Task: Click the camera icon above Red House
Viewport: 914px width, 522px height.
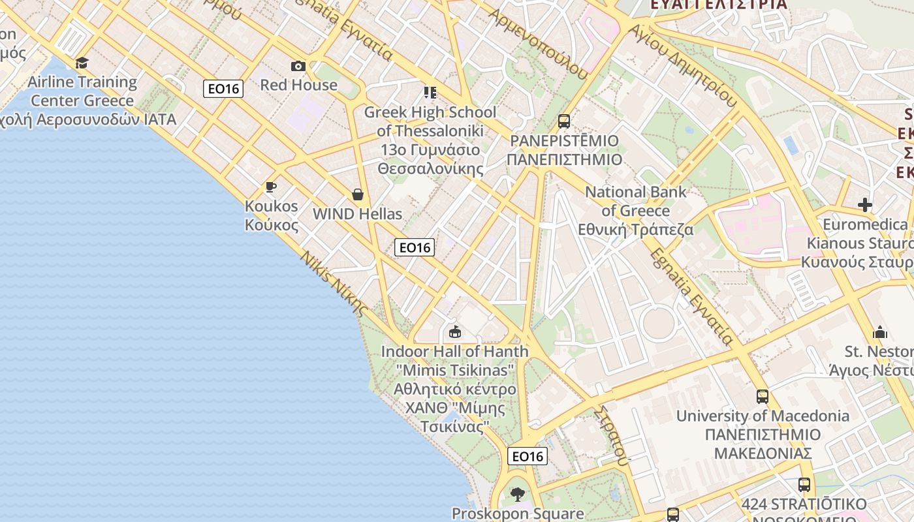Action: pyautogui.click(x=298, y=66)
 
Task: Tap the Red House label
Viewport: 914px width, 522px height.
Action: pyautogui.click(x=298, y=85)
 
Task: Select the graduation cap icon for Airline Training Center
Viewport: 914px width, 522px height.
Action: pyautogui.click(x=82, y=63)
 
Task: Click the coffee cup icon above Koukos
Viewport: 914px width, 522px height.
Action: pyautogui.click(x=271, y=187)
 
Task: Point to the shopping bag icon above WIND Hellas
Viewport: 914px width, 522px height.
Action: pyautogui.click(x=358, y=194)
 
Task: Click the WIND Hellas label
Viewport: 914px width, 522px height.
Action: pyautogui.click(x=357, y=214)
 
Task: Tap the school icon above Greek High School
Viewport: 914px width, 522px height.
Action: pyautogui.click(x=430, y=93)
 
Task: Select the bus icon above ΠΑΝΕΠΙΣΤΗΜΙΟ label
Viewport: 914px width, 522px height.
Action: pyautogui.click(x=564, y=121)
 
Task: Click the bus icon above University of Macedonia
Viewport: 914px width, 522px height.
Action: pyautogui.click(x=763, y=396)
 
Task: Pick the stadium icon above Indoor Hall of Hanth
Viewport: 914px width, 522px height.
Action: pyautogui.click(x=455, y=332)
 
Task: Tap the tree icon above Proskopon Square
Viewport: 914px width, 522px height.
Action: pyautogui.click(x=518, y=494)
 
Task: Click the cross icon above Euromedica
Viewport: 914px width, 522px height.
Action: pyautogui.click(x=865, y=206)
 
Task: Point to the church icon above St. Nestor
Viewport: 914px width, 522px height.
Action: pyautogui.click(x=880, y=332)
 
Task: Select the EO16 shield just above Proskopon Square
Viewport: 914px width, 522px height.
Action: pyautogui.click(x=528, y=456)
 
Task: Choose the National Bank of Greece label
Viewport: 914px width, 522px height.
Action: pyautogui.click(x=636, y=211)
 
